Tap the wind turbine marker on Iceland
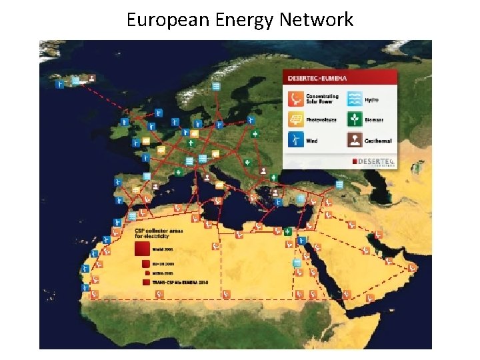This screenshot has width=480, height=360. [60, 85]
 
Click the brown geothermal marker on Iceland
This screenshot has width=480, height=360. [91, 78]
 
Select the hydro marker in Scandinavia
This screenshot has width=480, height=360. [216, 87]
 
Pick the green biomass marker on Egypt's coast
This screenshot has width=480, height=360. [287, 231]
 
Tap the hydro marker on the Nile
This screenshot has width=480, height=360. [301, 240]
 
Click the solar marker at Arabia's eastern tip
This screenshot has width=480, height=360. [413, 267]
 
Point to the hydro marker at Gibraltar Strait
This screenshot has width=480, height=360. [132, 215]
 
